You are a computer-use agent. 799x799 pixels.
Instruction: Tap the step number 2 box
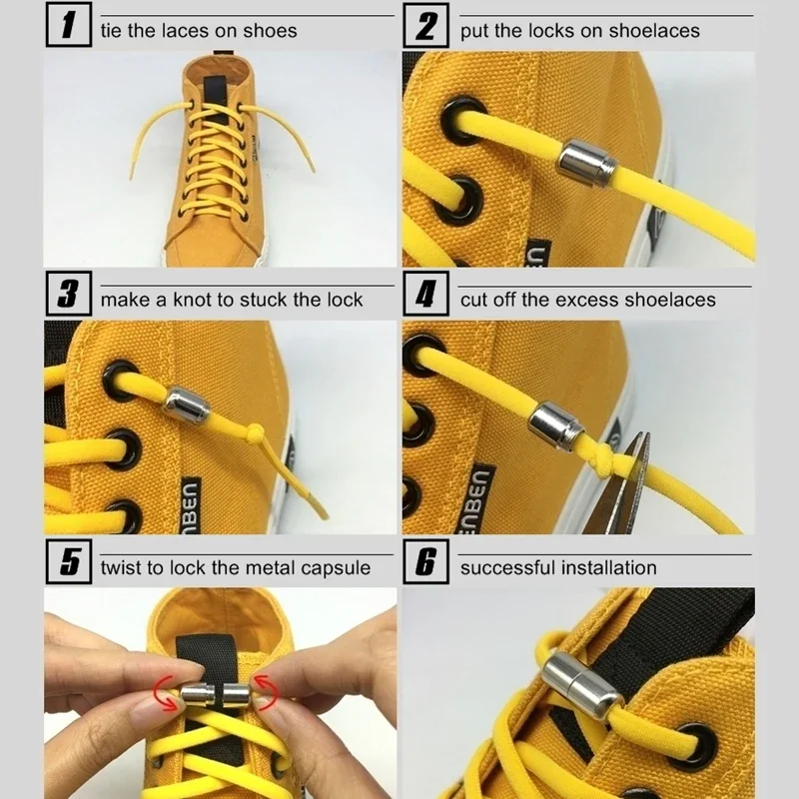[426, 28]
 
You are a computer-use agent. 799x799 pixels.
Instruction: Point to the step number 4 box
[426, 297]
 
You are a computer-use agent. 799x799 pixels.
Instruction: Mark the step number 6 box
[426, 564]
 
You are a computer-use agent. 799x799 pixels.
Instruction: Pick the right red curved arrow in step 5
[267, 684]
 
